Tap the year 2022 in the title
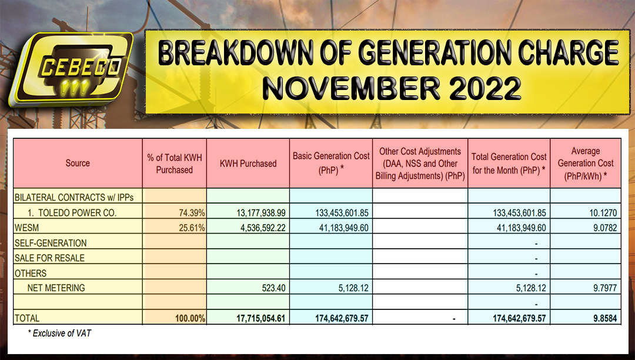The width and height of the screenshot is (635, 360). point(476,88)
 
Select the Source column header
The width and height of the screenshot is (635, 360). point(78,163)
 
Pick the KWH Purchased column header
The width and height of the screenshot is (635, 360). point(248,164)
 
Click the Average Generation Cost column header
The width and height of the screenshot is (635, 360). point(585,164)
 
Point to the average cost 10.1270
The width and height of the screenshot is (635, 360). point(601,212)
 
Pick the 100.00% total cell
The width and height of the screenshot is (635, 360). point(189,318)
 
